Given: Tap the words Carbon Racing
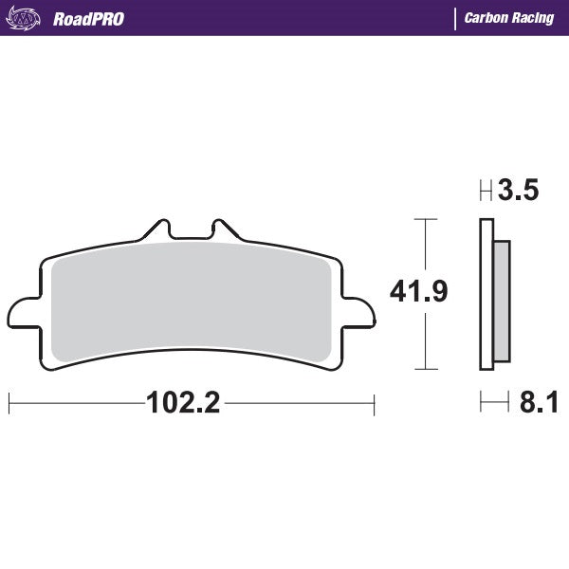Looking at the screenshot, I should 509,18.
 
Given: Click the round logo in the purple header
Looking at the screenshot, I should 28,18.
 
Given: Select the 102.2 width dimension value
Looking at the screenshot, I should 183,404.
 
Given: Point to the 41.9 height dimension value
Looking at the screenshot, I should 418,292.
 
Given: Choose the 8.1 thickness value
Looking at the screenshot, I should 538,404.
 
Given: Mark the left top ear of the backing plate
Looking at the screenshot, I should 156,229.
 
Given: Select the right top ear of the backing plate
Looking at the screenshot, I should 224,229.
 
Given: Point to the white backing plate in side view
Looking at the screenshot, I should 486,294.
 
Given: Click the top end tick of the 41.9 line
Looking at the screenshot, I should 427,220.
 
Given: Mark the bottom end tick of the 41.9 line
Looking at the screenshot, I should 427,369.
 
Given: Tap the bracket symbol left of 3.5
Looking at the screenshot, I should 486,193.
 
